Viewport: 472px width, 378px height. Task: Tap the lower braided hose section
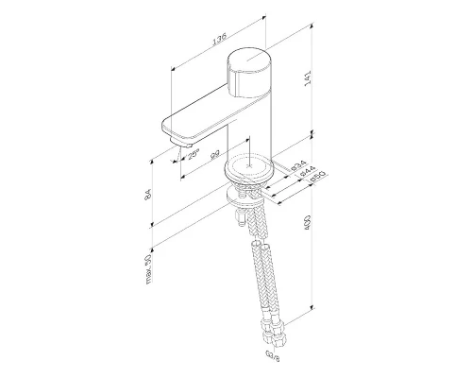click(269, 283)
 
